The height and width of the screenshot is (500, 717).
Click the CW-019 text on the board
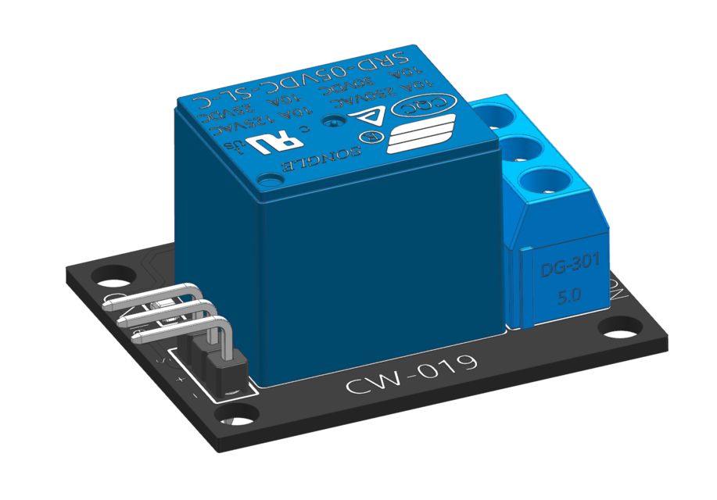411,375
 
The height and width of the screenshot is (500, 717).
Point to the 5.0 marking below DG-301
568,298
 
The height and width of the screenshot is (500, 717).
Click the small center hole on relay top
335,122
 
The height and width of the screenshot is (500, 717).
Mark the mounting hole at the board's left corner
104,277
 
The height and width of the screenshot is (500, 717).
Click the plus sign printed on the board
182,379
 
